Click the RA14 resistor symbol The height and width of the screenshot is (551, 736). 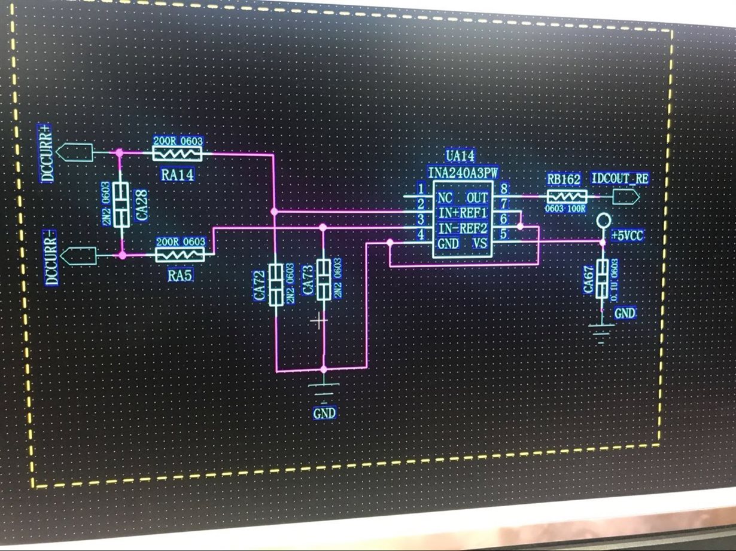pyautogui.click(x=178, y=154)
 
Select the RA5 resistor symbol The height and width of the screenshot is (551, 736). pyautogui.click(x=180, y=255)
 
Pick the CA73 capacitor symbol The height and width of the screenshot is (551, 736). pyautogui.click(x=323, y=279)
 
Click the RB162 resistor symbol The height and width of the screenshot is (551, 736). pyautogui.click(x=566, y=196)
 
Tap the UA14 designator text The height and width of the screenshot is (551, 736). pyautogui.click(x=460, y=157)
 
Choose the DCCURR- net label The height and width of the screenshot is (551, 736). pyautogui.click(x=51, y=258)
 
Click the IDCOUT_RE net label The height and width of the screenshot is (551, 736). pyautogui.click(x=620, y=179)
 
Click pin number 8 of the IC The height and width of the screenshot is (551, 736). pyautogui.click(x=504, y=188)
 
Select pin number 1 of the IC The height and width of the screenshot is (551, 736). pyautogui.click(x=421, y=189)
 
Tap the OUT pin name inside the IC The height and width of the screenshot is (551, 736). pyautogui.click(x=478, y=198)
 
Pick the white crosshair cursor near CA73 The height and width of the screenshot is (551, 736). pyautogui.click(x=320, y=321)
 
